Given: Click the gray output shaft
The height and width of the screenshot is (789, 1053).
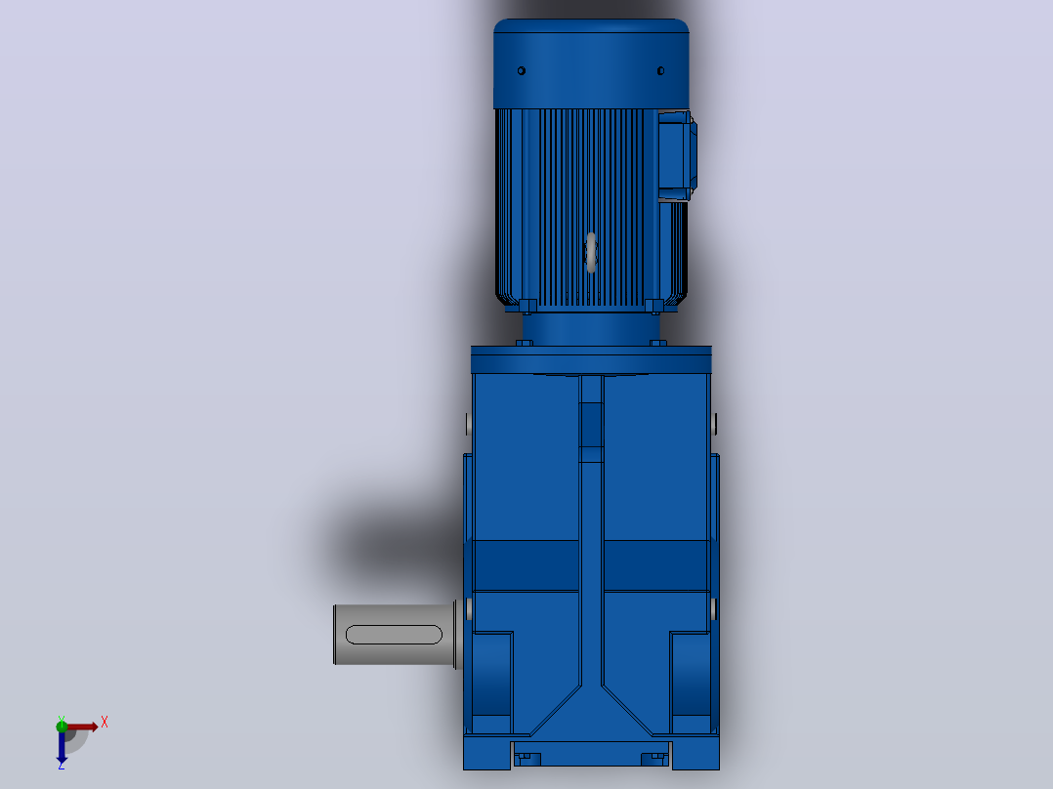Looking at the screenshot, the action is point(395,635).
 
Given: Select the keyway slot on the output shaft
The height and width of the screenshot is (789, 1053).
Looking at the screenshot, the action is point(394,635).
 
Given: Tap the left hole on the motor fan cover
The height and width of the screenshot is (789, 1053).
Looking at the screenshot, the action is point(522,70).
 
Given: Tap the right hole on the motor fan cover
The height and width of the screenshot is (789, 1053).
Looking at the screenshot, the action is point(660,70).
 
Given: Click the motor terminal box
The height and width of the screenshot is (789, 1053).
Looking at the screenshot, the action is point(677,156).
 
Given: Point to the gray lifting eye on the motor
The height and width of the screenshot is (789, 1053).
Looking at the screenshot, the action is point(591,253).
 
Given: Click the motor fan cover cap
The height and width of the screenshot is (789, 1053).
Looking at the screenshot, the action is point(591,63).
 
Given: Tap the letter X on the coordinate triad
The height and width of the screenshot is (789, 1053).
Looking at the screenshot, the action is point(105,723).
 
